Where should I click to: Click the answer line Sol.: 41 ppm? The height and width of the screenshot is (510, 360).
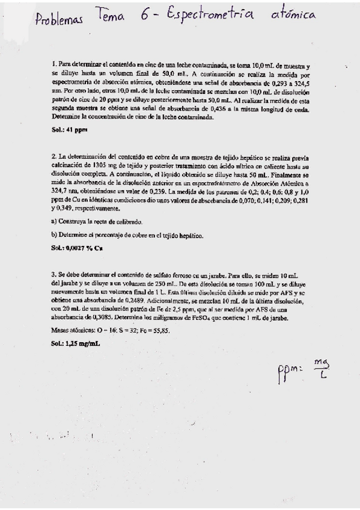67,129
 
